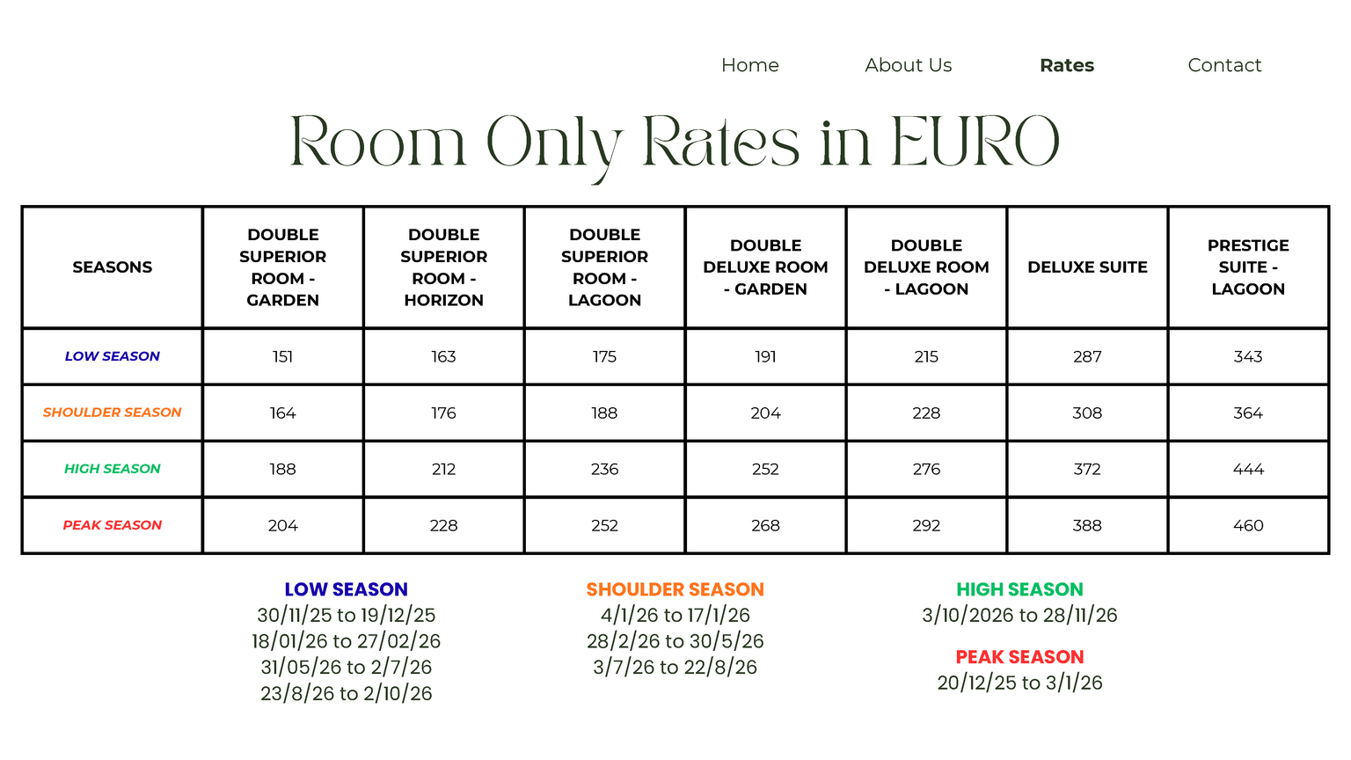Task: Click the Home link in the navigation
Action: (749, 65)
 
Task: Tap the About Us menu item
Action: (908, 65)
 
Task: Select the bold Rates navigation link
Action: (1066, 65)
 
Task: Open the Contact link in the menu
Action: (1224, 65)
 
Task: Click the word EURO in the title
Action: (975, 142)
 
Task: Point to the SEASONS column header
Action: (113, 267)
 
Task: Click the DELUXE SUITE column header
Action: (1087, 267)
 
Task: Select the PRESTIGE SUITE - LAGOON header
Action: (1248, 267)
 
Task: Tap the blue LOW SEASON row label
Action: (113, 356)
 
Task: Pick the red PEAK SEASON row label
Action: (113, 525)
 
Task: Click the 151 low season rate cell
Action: (282, 356)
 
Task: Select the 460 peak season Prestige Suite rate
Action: (1248, 525)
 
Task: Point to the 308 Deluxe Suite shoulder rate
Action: (1087, 413)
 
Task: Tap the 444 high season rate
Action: (1248, 469)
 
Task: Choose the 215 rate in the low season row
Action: (926, 356)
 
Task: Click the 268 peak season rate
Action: (765, 525)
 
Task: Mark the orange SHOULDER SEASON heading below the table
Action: (675, 589)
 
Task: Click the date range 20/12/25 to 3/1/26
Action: (1019, 683)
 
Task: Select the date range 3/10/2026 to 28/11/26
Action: (1019, 615)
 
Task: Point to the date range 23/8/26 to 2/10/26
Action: (346, 693)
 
